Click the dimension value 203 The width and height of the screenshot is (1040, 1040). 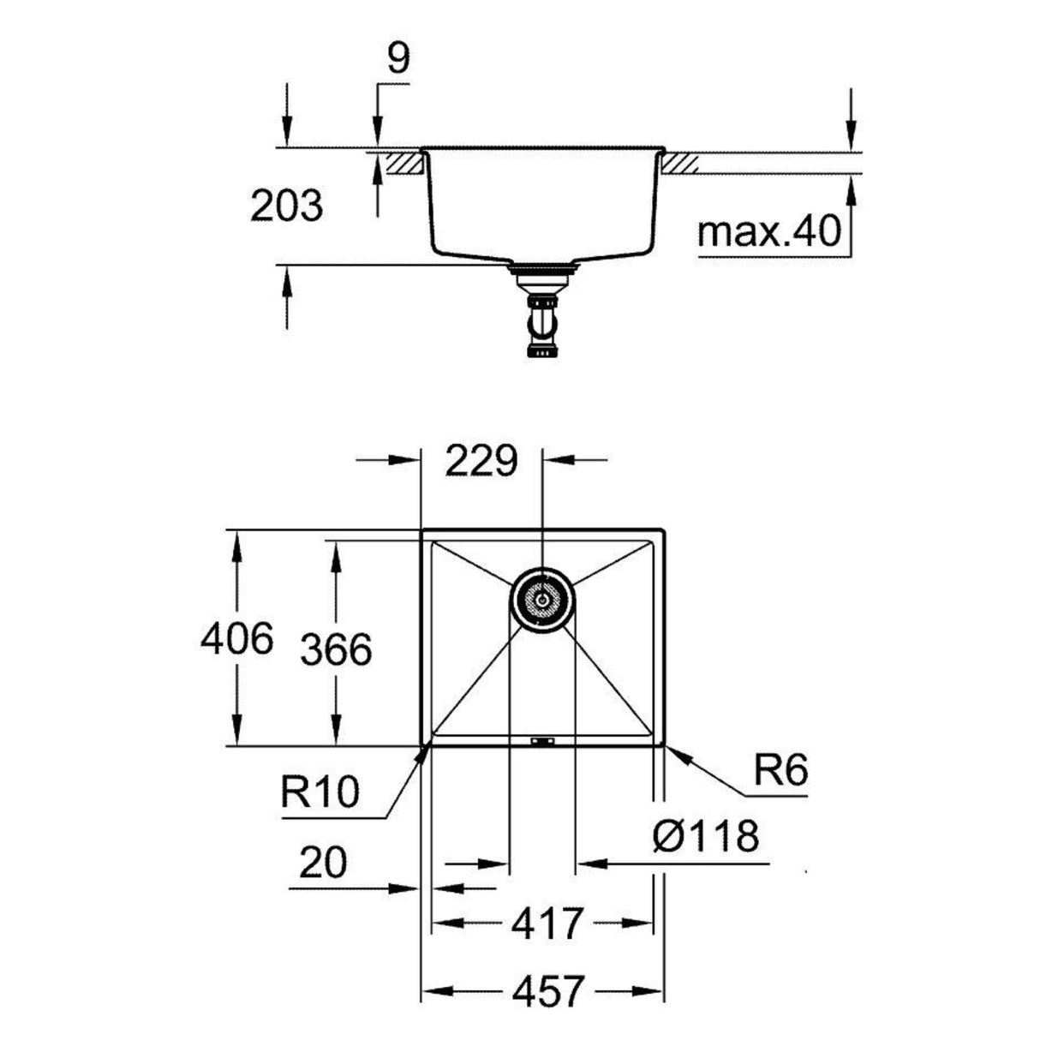286,206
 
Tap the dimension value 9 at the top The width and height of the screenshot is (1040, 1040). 397,59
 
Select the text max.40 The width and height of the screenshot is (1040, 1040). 768,231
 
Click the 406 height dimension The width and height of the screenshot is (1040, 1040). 236,639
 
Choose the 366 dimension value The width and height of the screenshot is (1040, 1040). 336,650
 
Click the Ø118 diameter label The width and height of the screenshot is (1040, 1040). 705,835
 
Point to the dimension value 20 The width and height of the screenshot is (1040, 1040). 323,864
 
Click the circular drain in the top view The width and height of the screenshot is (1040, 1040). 541,600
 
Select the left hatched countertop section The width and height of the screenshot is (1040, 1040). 403,162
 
